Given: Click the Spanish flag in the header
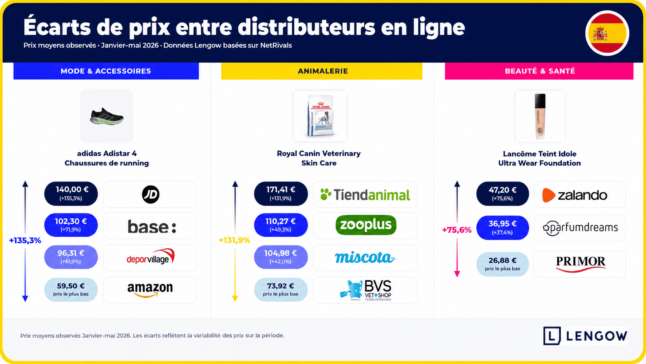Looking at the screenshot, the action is coord(607,33).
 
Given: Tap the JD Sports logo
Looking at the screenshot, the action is coord(151,194).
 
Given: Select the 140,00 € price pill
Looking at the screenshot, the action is coord(71,193).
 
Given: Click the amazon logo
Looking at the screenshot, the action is coord(150,290).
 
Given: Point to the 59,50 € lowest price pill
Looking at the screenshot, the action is coord(71,289).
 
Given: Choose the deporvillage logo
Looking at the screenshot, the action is coord(151,256).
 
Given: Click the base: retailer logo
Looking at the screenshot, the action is coord(152,226).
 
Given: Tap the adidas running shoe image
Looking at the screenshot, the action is coord(107,116).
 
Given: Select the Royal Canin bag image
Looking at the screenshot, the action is coord(320,116).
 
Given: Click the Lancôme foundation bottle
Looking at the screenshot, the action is coord(540,116).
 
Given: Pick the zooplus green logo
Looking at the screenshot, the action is coord(365,225).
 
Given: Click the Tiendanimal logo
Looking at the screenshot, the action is coord(365,195).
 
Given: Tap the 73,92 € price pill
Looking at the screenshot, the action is coord(280,289).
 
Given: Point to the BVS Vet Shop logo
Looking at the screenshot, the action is coord(365,290).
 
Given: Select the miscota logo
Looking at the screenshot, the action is coord(365,257).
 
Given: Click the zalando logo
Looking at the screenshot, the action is coord(575,195).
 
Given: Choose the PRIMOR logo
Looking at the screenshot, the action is coord(581,264).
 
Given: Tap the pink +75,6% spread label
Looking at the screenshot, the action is coord(457,230).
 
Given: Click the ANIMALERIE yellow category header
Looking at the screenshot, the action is coord(322,71).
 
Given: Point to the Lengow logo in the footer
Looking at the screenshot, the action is coord(585,336).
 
